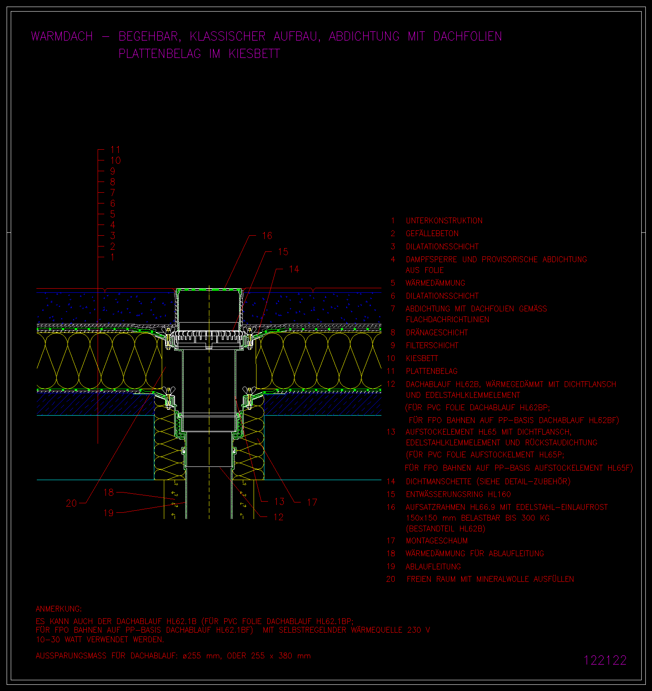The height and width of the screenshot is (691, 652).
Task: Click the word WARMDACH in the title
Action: click(x=62, y=36)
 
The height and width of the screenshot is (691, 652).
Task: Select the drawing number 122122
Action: click(x=605, y=660)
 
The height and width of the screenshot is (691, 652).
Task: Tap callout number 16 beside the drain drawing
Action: click(x=267, y=236)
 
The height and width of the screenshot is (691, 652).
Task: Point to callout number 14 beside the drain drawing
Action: click(x=294, y=269)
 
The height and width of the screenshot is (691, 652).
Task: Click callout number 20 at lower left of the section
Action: click(x=72, y=503)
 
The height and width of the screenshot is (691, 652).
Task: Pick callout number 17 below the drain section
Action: click(x=312, y=502)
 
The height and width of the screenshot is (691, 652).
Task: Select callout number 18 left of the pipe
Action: click(x=108, y=493)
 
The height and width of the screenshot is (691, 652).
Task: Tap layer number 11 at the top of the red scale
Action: click(x=115, y=150)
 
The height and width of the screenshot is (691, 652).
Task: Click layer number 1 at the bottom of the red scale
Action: click(x=113, y=257)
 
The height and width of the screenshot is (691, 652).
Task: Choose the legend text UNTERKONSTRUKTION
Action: click(x=444, y=221)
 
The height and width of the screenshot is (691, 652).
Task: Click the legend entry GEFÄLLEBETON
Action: click(x=432, y=234)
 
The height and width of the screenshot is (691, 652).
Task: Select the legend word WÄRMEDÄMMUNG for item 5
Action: click(x=436, y=283)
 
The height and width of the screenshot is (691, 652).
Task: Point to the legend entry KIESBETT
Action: click(x=422, y=359)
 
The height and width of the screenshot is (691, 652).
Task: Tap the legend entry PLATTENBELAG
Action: click(x=432, y=371)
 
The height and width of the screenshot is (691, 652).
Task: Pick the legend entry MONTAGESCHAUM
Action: click(x=437, y=541)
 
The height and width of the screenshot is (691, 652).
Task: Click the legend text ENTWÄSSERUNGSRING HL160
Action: click(x=458, y=495)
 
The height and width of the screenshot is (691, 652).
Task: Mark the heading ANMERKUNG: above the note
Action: click(x=59, y=609)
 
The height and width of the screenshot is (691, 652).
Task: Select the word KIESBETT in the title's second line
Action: click(x=254, y=54)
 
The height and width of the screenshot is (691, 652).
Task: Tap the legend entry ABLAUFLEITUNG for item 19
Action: click(x=433, y=567)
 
